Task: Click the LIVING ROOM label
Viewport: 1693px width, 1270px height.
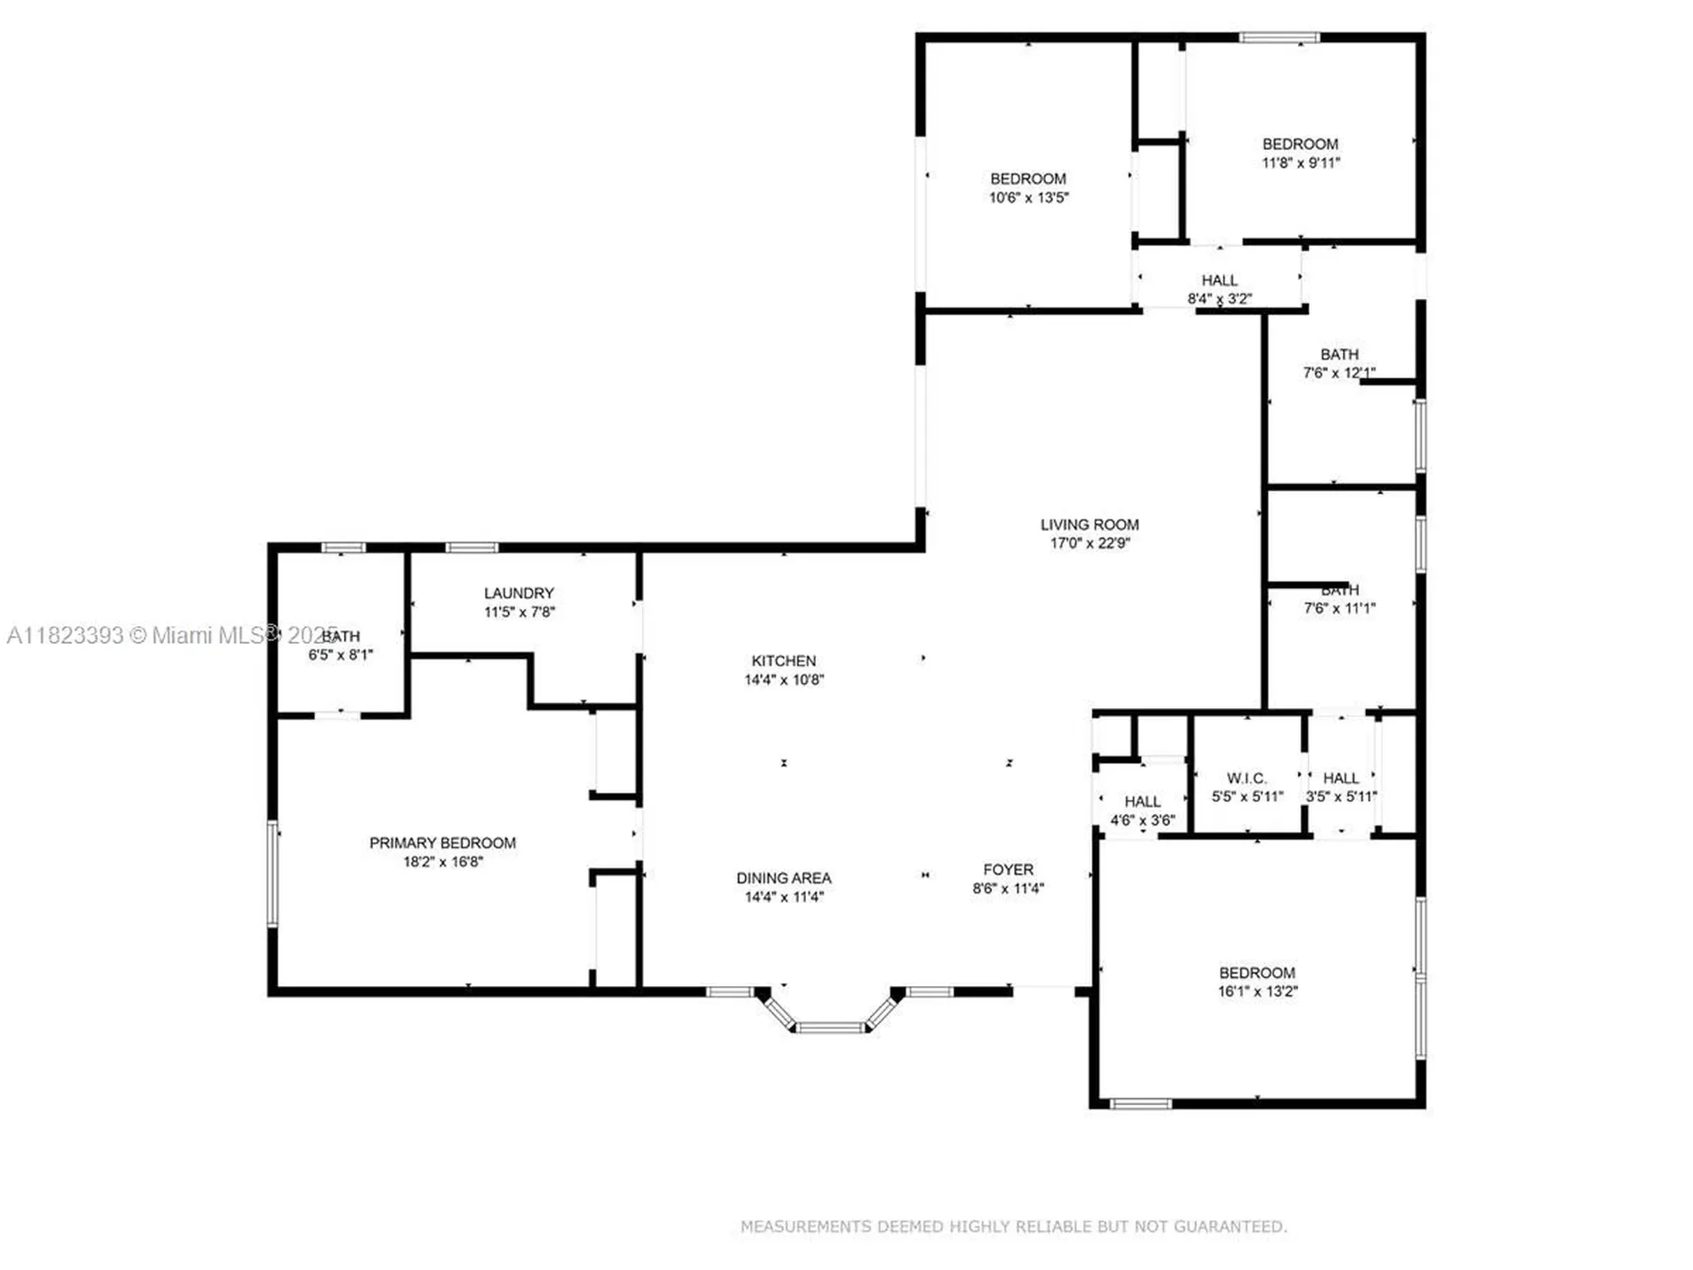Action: tap(1089, 524)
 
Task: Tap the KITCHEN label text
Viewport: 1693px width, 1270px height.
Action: tap(783, 661)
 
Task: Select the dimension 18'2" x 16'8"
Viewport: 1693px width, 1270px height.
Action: tap(443, 862)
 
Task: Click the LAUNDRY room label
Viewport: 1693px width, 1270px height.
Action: tap(518, 593)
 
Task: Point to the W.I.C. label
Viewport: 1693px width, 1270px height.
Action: tap(1246, 778)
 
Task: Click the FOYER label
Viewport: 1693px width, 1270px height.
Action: tap(1008, 870)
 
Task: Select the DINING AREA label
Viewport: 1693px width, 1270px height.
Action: tap(783, 878)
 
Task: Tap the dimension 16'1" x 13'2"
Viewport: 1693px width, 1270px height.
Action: tap(1257, 991)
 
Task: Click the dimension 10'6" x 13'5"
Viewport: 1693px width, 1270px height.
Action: tap(1028, 198)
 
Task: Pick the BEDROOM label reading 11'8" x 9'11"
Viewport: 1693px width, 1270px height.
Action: tap(1300, 144)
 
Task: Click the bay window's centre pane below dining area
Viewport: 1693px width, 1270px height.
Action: tap(830, 1027)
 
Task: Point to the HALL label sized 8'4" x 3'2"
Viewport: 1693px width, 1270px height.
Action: tap(1219, 280)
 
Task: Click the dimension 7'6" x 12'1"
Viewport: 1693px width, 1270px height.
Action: tap(1339, 373)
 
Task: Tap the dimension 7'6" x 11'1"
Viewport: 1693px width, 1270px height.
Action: tap(1339, 608)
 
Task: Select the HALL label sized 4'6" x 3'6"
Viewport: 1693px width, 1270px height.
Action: tap(1142, 802)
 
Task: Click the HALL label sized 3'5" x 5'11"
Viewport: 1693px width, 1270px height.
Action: tap(1340, 778)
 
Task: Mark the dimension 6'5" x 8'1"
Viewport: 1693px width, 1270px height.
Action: tap(340, 654)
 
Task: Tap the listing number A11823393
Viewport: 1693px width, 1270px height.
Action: tap(64, 635)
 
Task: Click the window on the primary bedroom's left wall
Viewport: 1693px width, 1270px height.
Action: tap(273, 873)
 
